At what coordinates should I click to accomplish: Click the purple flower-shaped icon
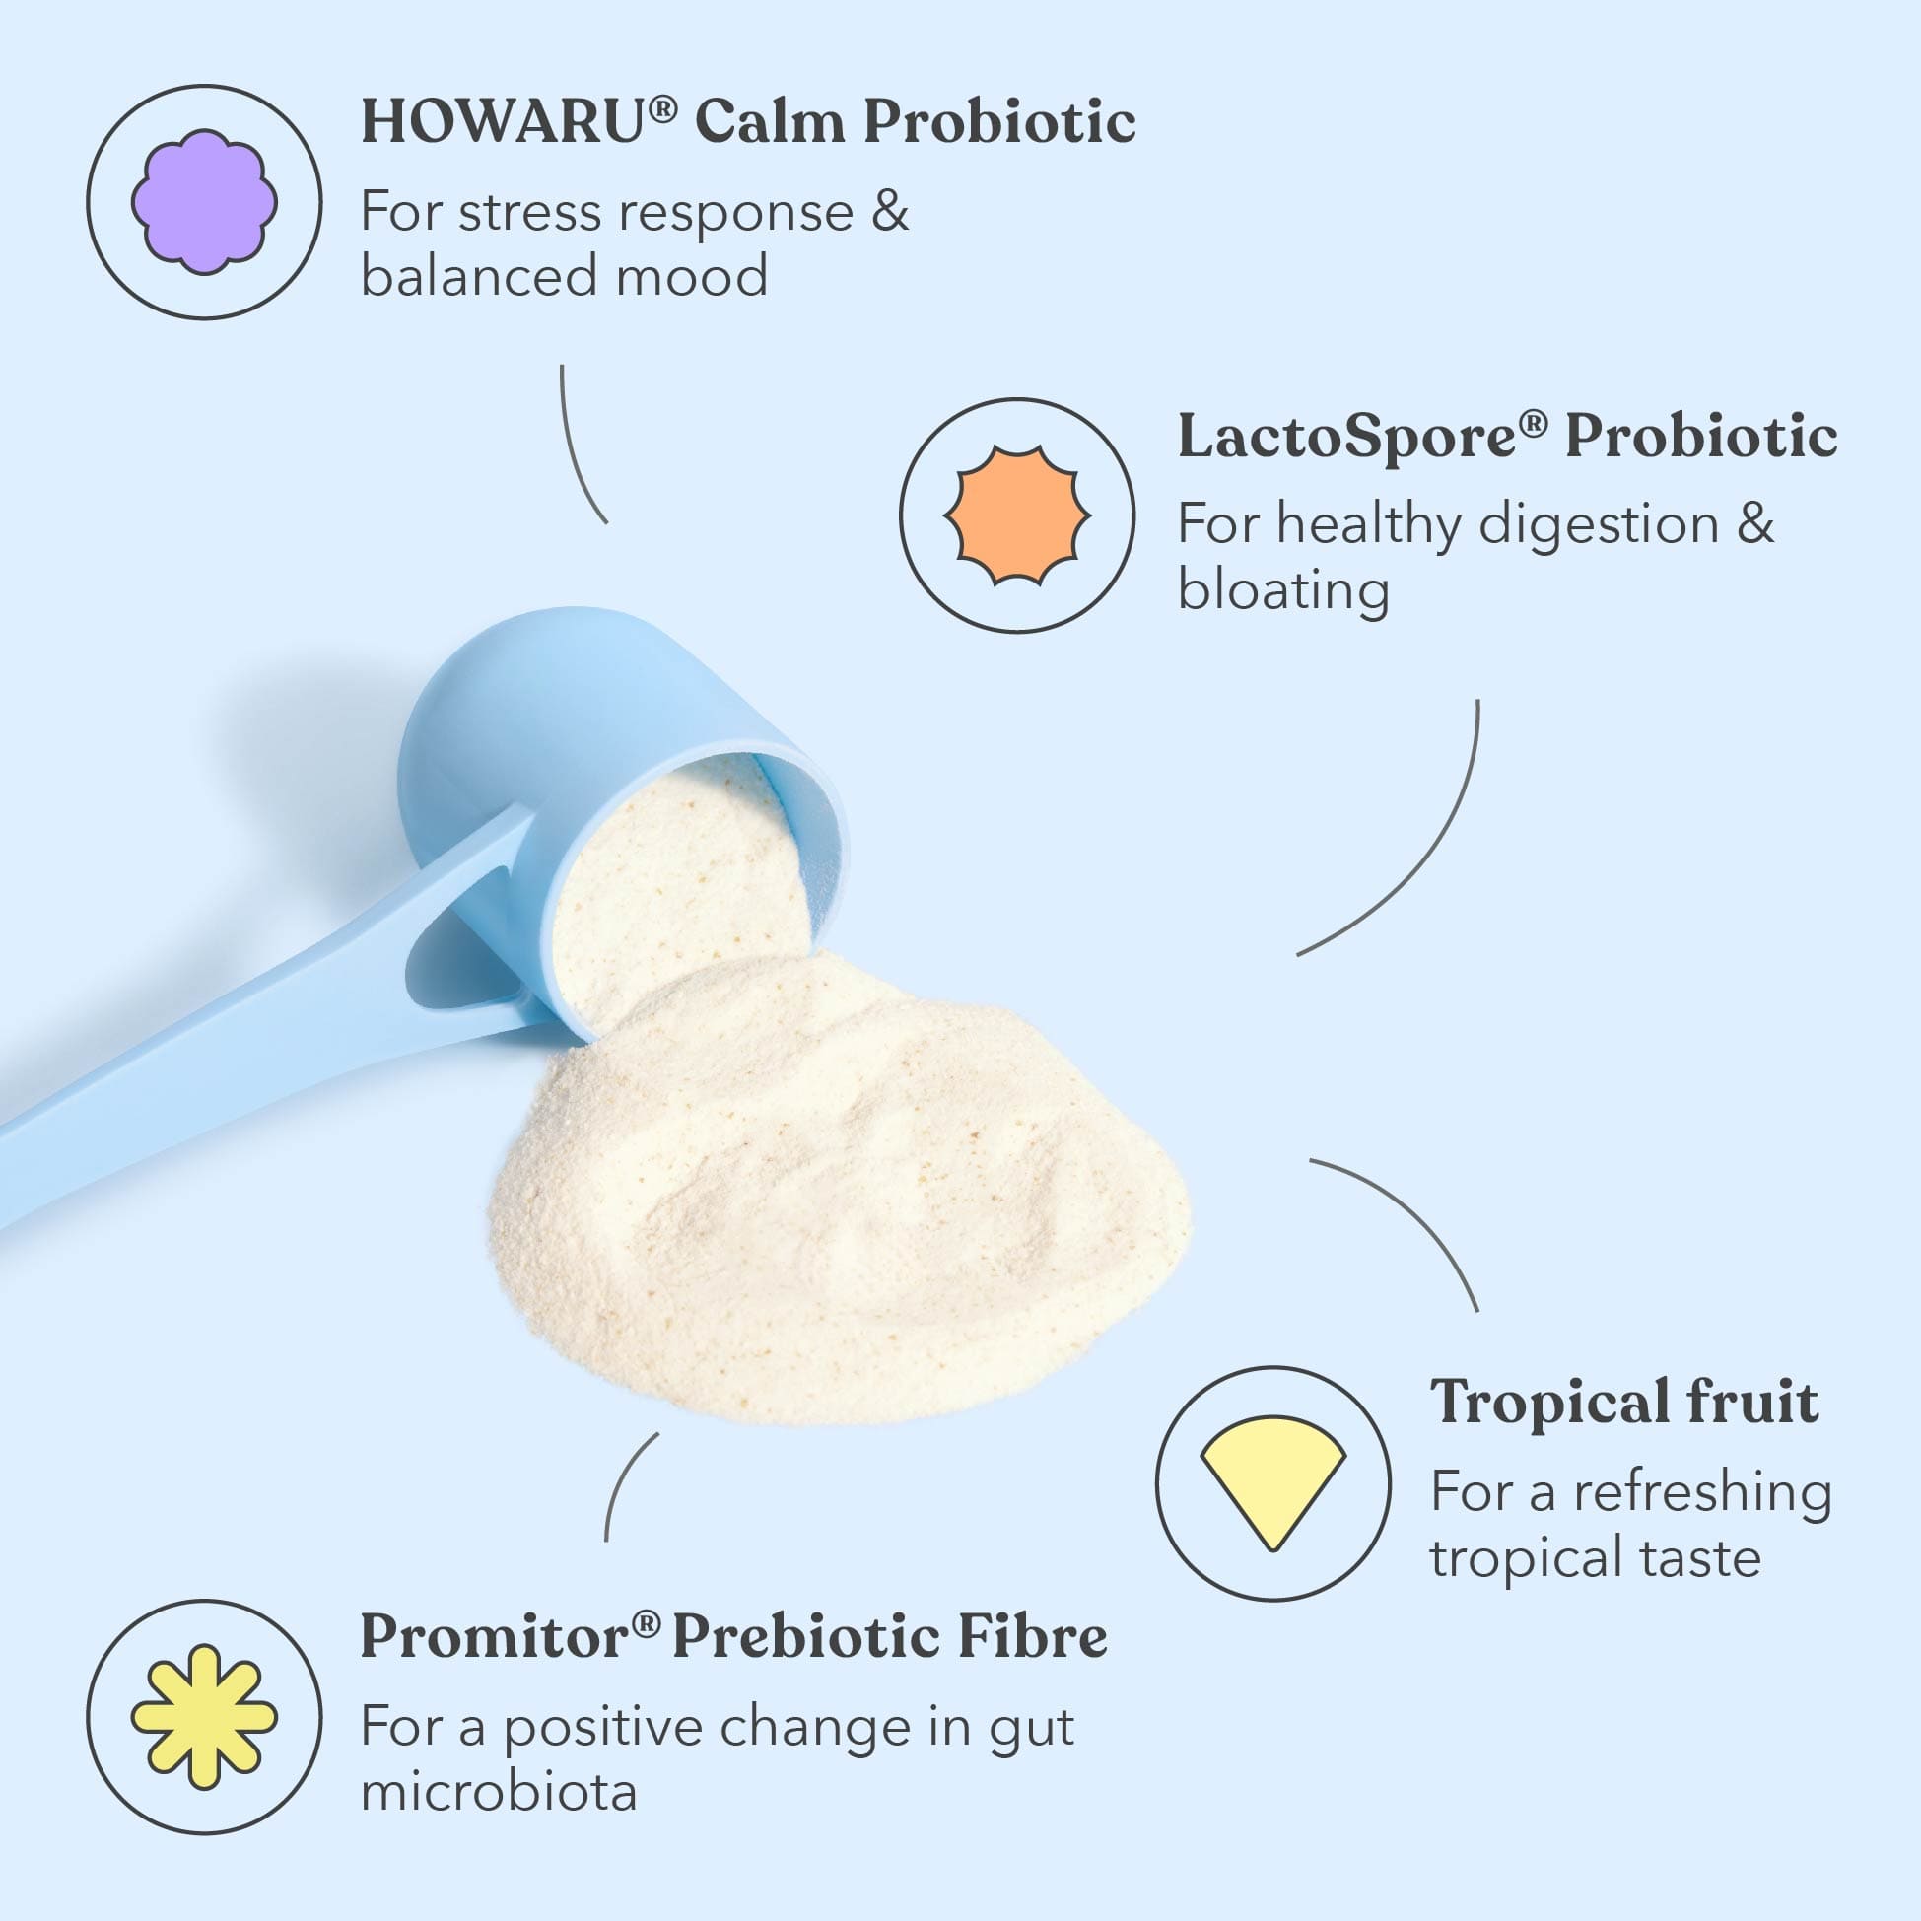point(204,202)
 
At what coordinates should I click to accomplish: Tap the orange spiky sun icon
point(1017,516)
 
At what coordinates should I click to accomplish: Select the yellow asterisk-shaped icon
point(205,1717)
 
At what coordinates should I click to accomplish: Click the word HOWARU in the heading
point(503,122)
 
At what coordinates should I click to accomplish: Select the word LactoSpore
point(1347,438)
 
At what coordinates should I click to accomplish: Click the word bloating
point(1282,589)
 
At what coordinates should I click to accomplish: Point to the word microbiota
point(498,1792)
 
